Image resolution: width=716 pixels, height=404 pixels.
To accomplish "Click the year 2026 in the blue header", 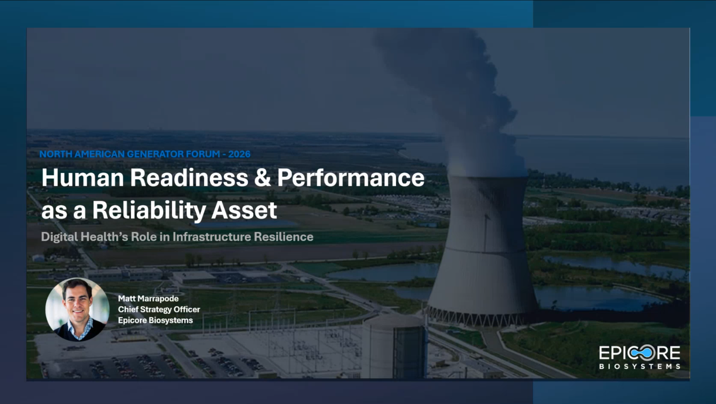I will pyautogui.click(x=239, y=154).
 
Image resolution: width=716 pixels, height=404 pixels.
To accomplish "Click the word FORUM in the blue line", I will pyautogui.click(x=203, y=154).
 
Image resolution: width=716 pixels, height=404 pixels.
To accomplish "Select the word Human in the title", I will pyautogui.click(x=82, y=178).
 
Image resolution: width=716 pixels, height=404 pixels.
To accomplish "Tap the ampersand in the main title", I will pyautogui.click(x=262, y=178).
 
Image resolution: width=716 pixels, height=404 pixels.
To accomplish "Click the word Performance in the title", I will pyautogui.click(x=351, y=178).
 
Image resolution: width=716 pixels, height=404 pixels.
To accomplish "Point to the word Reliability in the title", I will pyautogui.click(x=149, y=210).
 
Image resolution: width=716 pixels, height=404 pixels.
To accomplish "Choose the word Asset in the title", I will pyautogui.click(x=244, y=210).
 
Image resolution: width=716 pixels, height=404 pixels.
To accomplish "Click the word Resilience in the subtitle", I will pyautogui.click(x=284, y=237).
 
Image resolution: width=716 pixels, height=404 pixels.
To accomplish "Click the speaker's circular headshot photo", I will pyautogui.click(x=77, y=309).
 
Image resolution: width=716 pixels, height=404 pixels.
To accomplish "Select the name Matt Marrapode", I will pyautogui.click(x=148, y=299).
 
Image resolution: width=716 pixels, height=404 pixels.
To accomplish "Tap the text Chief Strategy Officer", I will pyautogui.click(x=159, y=310).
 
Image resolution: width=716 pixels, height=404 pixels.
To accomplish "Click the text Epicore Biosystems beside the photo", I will pyautogui.click(x=155, y=320).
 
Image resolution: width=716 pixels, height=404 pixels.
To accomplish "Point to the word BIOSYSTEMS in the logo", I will pyautogui.click(x=640, y=366).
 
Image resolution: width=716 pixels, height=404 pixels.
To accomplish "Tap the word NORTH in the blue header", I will pyautogui.click(x=56, y=154).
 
